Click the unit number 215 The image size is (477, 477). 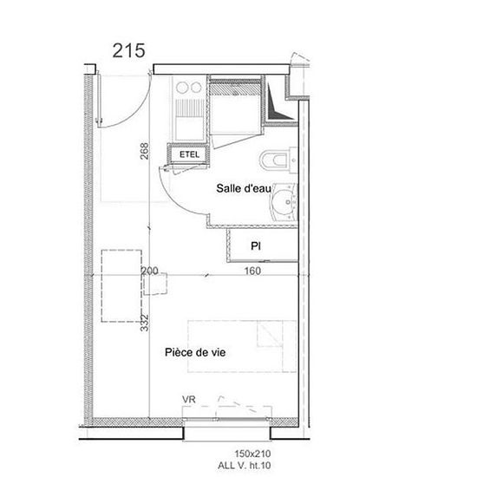coord(128,50)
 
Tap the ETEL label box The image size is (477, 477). coord(189,154)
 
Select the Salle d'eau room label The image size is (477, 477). coord(244,188)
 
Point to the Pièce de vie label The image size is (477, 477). coord(195,352)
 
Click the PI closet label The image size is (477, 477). coord(256,245)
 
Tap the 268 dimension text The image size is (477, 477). coord(144,151)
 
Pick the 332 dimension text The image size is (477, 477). coord(145,323)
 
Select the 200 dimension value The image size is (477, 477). coord(150,271)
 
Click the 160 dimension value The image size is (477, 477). coord(252,271)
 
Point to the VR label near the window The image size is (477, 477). coord(188,400)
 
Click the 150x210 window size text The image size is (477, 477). coord(252,454)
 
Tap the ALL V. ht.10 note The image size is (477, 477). coord(244,466)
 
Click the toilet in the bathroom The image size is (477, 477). coord(278,160)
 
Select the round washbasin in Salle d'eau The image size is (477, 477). coord(284,202)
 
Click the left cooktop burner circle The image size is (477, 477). coord(181,88)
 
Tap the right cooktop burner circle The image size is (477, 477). coord(196,88)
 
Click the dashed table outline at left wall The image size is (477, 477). coord(121,286)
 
